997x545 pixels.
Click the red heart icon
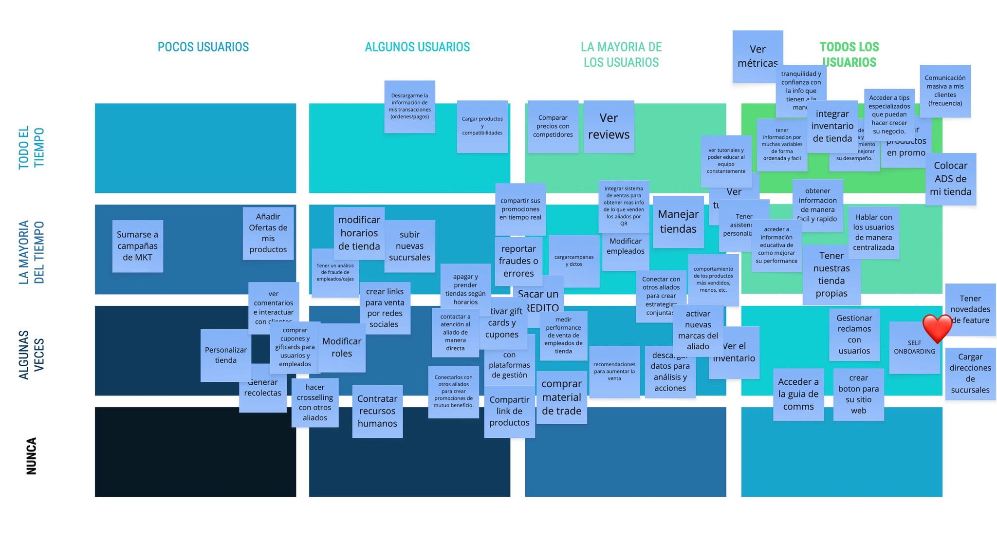click(937, 329)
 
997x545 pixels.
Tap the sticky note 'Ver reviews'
click(609, 127)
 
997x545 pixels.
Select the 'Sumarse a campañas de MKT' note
click(137, 246)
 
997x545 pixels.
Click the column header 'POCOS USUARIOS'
click(203, 47)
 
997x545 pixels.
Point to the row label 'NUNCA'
click(31, 456)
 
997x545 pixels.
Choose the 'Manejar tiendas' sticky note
click(678, 222)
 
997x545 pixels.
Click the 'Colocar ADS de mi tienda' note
click(950, 179)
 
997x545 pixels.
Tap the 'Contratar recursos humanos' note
click(377, 411)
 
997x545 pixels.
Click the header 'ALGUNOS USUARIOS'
click(417, 47)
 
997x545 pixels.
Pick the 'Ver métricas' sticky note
click(757, 56)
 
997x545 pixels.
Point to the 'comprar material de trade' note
click(561, 397)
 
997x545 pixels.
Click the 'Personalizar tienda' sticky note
click(225, 356)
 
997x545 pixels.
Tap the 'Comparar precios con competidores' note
click(553, 126)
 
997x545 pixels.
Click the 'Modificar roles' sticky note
click(342, 347)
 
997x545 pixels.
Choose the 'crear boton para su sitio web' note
click(858, 394)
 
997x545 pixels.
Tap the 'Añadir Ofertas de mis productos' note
click(268, 233)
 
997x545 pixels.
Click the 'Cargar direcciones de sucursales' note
click(970, 373)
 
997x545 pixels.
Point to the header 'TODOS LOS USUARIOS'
click(849, 55)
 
